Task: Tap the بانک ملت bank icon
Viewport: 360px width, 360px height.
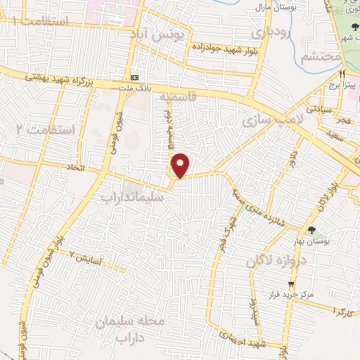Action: pos(135,77)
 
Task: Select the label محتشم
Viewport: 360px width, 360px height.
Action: pos(321,57)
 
